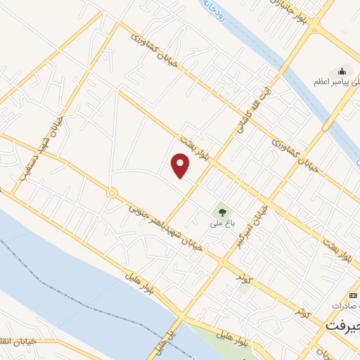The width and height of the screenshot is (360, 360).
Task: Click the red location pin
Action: (181, 166)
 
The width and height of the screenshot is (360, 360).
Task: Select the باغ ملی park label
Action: (220, 225)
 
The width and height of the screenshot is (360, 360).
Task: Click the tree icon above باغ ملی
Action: (222, 212)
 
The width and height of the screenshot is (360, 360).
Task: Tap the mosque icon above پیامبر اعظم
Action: (342, 70)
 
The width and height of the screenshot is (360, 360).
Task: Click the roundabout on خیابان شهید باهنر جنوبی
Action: (111, 193)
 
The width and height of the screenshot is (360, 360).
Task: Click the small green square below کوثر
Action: (244, 286)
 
